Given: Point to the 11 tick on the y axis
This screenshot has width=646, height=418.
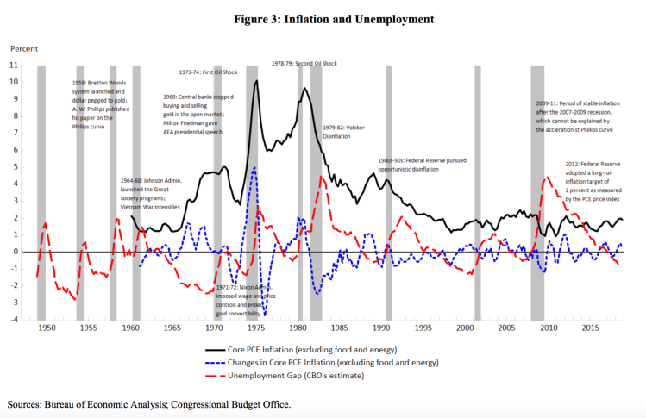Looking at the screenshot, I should (13, 65).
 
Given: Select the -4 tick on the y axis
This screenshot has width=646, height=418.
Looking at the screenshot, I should (13, 320).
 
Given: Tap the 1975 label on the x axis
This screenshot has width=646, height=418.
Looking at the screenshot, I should (255, 328).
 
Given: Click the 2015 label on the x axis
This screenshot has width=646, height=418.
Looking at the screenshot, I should (591, 328).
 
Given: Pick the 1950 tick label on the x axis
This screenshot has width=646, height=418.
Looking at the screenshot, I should (46, 328).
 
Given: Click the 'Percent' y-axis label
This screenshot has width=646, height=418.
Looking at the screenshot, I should (25, 49).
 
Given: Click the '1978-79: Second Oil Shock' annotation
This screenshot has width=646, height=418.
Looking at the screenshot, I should (304, 63).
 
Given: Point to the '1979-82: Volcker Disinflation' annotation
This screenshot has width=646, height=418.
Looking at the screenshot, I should (346, 131).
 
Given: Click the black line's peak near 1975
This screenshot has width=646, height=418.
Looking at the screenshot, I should (256, 81).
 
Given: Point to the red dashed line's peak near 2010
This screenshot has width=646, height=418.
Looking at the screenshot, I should (546, 178).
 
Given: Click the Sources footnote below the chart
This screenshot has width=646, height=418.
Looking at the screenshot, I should (148, 403).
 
